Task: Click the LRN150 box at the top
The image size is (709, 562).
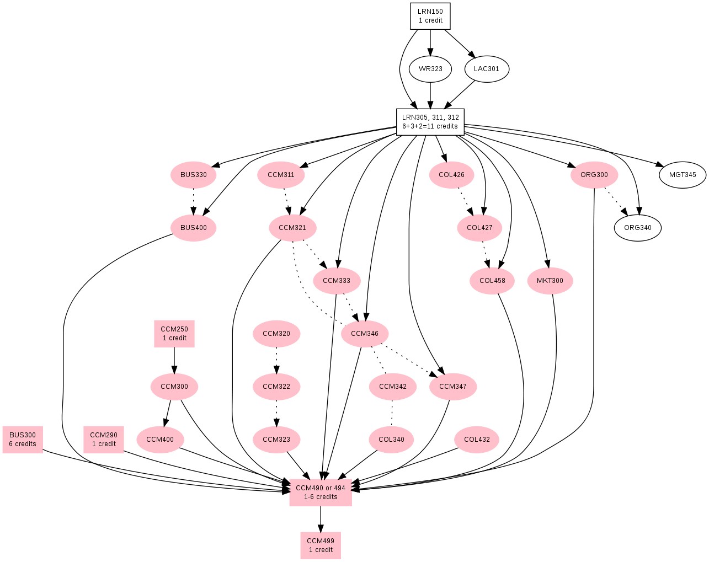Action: point(430,16)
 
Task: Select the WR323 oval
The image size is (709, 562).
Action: point(430,69)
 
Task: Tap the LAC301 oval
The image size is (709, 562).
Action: point(486,69)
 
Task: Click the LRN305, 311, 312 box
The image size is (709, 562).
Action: point(430,122)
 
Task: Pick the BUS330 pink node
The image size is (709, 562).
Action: point(193,175)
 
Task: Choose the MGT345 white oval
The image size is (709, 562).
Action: point(683,175)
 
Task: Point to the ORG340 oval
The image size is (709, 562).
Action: point(637,228)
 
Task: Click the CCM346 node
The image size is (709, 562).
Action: point(365,334)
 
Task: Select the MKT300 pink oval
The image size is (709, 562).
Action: point(550,281)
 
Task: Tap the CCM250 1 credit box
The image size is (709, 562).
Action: point(174,334)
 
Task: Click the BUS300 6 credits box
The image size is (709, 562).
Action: point(23,440)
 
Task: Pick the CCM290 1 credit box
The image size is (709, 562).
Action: point(104,440)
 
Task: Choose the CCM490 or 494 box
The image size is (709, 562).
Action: point(321,493)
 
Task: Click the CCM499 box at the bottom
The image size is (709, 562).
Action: point(321,545)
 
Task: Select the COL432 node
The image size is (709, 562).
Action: point(477,440)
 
